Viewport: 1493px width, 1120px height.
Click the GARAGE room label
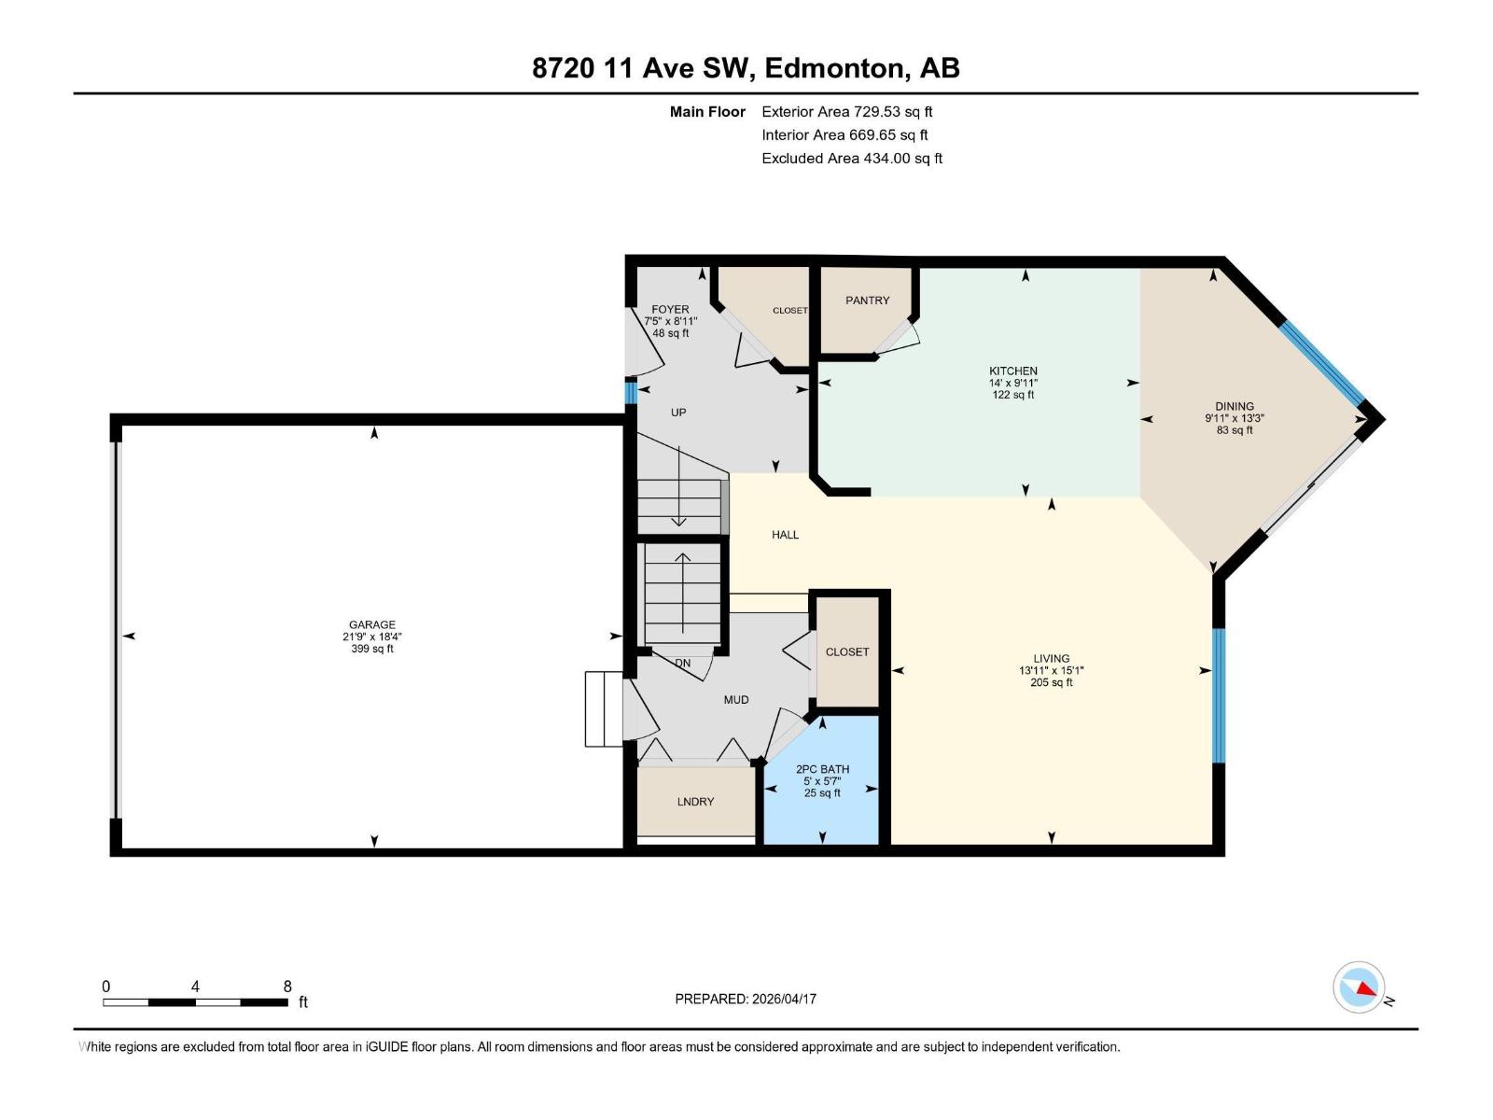[x=371, y=624]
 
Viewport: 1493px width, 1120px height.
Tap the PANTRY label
[x=867, y=301]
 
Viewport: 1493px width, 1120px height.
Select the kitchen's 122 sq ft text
[x=1012, y=395]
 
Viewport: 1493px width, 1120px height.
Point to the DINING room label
[x=1234, y=406]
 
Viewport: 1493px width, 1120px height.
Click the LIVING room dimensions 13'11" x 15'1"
[x=1051, y=670]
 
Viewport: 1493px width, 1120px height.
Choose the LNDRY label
[x=695, y=802]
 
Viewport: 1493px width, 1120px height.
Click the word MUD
[x=735, y=699]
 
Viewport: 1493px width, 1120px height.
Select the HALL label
[x=785, y=535]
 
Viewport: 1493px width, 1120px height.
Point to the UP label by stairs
[x=678, y=412]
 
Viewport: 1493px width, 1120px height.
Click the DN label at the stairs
[x=683, y=664]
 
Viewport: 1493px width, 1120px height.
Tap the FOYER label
[x=670, y=309]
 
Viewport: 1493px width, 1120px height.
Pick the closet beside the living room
[x=847, y=651]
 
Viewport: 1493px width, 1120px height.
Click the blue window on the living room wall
[x=1218, y=695]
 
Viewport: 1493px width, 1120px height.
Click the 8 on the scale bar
[x=287, y=987]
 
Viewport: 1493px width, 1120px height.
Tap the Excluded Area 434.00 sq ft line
[x=851, y=159]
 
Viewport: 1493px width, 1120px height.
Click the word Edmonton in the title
[x=836, y=68]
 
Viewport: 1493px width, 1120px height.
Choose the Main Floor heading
[x=707, y=112]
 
